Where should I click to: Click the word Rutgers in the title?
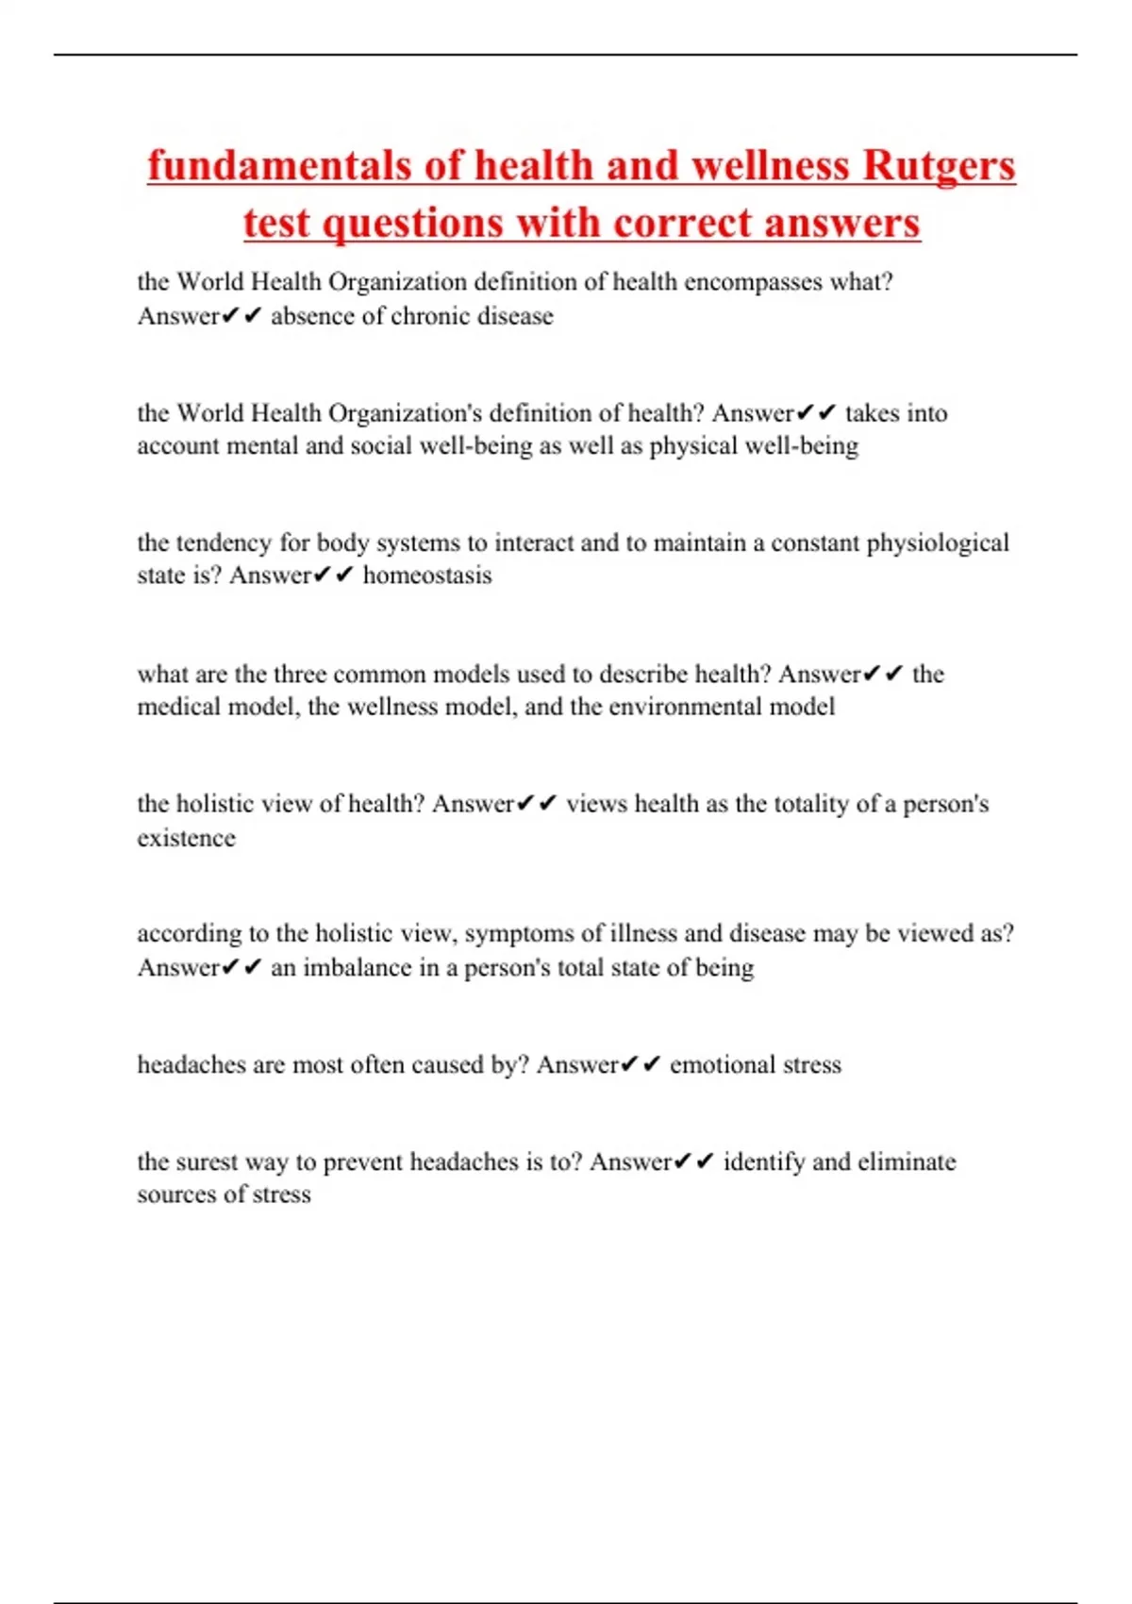[x=939, y=166]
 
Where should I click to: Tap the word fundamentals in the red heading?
[x=279, y=166]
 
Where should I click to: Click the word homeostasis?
[x=427, y=576]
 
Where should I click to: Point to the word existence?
[x=186, y=838]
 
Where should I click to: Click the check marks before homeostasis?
[x=333, y=576]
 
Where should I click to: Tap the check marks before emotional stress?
[x=641, y=1065]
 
